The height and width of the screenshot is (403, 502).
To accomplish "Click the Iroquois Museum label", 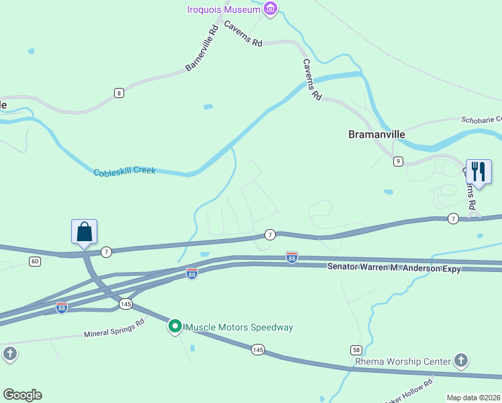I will pyautogui.click(x=223, y=9).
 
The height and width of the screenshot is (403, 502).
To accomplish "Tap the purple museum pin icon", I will pyautogui.click(x=270, y=9).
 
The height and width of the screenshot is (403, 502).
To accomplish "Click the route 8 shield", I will pyautogui.click(x=119, y=93).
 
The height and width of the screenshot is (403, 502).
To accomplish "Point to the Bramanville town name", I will pyautogui.click(x=376, y=134).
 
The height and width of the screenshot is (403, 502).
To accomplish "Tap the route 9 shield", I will pyautogui.click(x=398, y=161).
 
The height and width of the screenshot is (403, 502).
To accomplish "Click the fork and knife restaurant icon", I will pyautogui.click(x=479, y=171).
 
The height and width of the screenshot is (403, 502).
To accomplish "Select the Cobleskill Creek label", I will pyautogui.click(x=124, y=171).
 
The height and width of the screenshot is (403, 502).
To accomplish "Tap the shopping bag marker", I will pyautogui.click(x=85, y=232).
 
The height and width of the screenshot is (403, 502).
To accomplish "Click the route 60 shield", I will pyautogui.click(x=34, y=261).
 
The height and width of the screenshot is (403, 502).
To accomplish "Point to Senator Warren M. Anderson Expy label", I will pyautogui.click(x=394, y=267).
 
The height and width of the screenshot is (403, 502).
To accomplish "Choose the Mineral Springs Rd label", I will pyautogui.click(x=114, y=328).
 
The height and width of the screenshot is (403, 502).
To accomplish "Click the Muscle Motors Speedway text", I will pyautogui.click(x=239, y=327).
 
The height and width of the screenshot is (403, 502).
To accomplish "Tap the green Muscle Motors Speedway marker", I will pyautogui.click(x=175, y=326).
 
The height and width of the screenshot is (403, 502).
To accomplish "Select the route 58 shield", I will pyautogui.click(x=356, y=350).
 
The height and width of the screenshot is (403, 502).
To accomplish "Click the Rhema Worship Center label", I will pyautogui.click(x=403, y=361).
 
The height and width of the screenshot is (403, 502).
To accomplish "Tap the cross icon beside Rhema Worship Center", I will pyautogui.click(x=461, y=361).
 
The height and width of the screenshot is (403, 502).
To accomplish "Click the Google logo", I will pyautogui.click(x=22, y=395).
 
